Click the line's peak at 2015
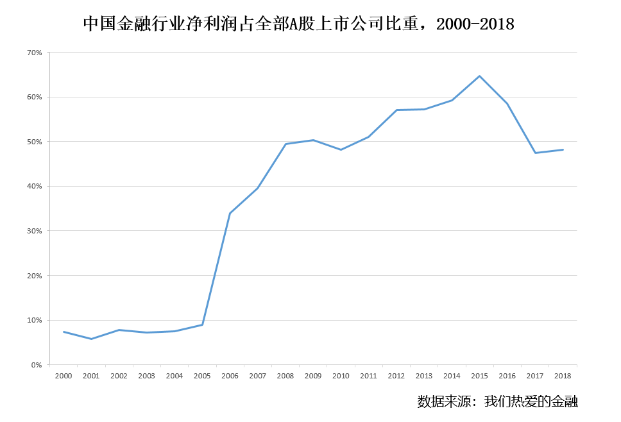[479, 76]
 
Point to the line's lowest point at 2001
[91, 339]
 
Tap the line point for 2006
[230, 213]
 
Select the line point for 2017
[535, 153]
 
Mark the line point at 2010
[341, 149]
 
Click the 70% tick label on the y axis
[34, 53]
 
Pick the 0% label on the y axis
[36, 365]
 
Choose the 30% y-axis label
[34, 231]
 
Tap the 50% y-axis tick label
[34, 142]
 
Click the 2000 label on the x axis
[64, 376]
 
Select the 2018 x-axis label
[563, 376]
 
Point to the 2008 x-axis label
[285, 376]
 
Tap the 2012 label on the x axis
[396, 376]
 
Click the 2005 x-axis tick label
[202, 376]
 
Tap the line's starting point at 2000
[64, 332]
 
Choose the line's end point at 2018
[563, 149]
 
